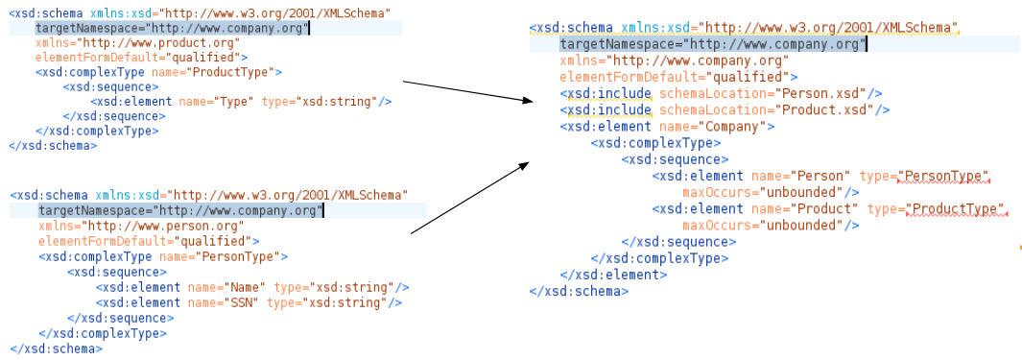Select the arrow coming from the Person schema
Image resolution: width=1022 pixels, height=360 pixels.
coord(470,197)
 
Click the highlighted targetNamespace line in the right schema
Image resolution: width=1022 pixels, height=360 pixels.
coord(712,44)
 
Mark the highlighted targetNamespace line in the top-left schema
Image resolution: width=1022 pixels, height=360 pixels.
coord(173,29)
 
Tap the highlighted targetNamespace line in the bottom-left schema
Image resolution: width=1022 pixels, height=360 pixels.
coord(179,210)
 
